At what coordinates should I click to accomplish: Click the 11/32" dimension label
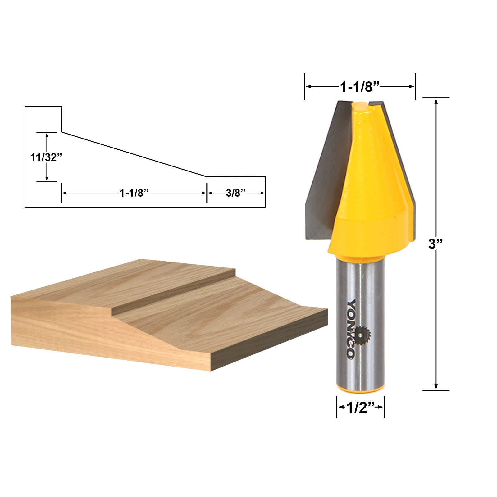pyautogui.click(x=46, y=157)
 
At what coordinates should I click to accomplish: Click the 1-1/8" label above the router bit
pyautogui.click(x=360, y=87)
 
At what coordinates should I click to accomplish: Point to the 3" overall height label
pyautogui.click(x=435, y=244)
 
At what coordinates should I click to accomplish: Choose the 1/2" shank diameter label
pyautogui.click(x=360, y=407)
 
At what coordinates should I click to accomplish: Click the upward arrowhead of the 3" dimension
pyautogui.click(x=436, y=102)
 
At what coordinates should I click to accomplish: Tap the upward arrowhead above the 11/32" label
pyautogui.click(x=47, y=135)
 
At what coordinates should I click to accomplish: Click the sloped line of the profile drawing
pyautogui.click(x=134, y=154)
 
